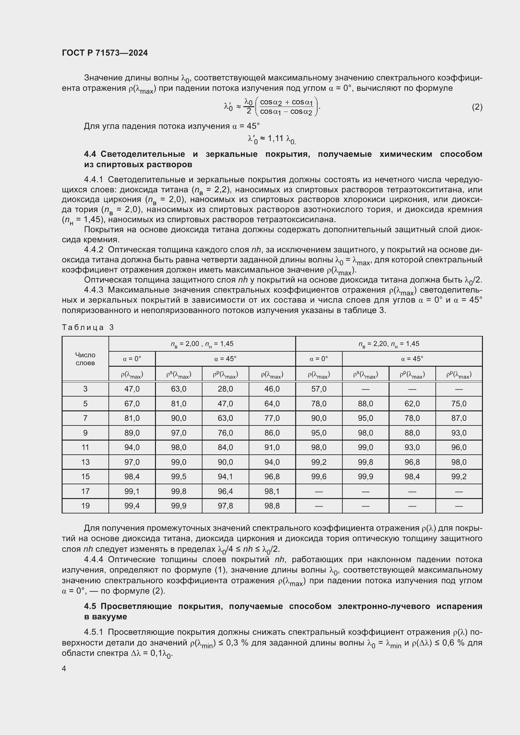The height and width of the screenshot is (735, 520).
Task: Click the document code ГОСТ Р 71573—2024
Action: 105,53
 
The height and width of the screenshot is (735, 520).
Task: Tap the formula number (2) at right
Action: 477,107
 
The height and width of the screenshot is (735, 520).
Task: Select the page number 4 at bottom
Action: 64,669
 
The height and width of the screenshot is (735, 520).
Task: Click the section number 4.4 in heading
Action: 90,154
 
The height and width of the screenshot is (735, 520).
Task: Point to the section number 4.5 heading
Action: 90,606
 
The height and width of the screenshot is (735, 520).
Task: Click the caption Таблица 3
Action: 88,327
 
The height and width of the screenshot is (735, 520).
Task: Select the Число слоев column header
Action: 85,359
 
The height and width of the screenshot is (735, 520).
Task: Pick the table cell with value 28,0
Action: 225,389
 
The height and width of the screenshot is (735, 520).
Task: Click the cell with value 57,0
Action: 318,389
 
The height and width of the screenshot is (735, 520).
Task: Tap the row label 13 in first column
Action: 85,462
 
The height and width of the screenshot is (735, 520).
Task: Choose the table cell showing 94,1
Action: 225,476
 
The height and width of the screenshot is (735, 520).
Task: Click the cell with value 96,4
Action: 225,491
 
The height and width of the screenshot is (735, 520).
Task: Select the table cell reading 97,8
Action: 225,506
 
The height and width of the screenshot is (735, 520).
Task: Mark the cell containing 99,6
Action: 318,476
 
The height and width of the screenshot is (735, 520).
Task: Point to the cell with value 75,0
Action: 458,404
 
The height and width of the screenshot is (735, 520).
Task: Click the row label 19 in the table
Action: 85,506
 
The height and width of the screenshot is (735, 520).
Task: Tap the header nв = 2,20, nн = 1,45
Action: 389,344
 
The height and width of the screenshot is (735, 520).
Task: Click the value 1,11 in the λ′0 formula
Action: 275,138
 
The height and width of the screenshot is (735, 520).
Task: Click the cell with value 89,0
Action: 132,433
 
